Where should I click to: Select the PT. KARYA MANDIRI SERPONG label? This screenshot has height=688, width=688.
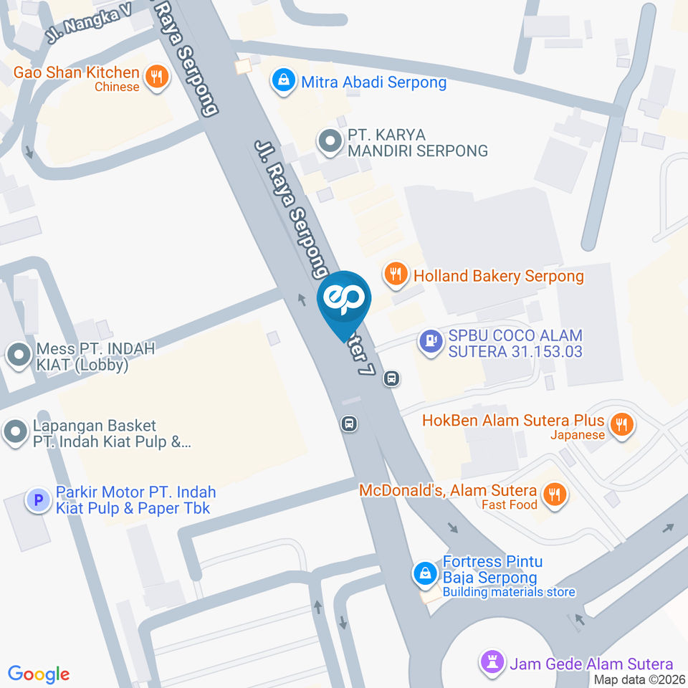pyautogui.click(x=417, y=143)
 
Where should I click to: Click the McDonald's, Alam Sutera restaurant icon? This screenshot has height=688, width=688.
pyautogui.click(x=553, y=494)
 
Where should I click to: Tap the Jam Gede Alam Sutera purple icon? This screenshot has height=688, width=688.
pyautogui.click(x=493, y=662)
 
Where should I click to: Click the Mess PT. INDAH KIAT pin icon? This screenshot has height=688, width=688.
pyautogui.click(x=16, y=354)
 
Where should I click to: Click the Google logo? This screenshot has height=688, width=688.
pyautogui.click(x=39, y=674)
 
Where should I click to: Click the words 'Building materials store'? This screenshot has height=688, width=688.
pyautogui.click(x=509, y=592)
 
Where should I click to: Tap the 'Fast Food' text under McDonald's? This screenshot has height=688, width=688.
pyautogui.click(x=510, y=505)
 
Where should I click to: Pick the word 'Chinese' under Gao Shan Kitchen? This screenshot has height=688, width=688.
pyautogui.click(x=117, y=87)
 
